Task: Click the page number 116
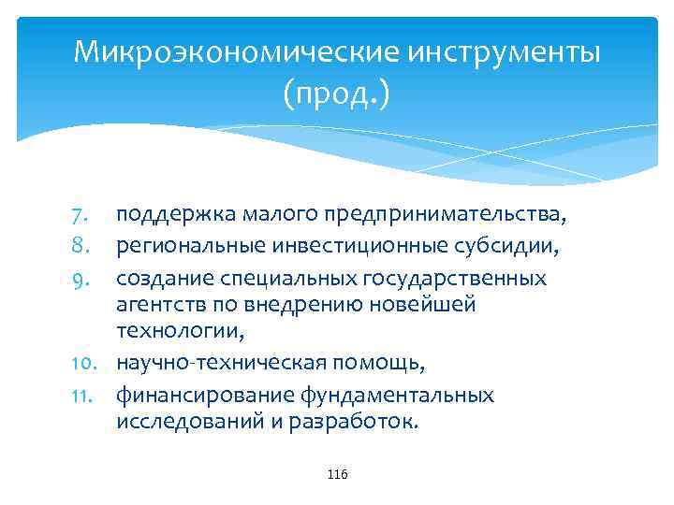(x=338, y=476)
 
